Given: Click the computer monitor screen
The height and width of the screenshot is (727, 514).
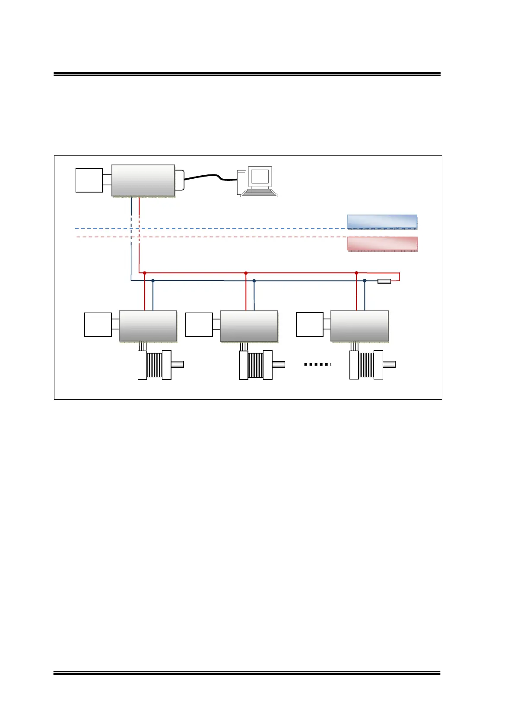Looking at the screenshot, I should (260, 177).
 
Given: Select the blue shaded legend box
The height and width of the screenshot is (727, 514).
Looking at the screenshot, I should (382, 221).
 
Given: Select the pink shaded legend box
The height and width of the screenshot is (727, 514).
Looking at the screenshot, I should (382, 244).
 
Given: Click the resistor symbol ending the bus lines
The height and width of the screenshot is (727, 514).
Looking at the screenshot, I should (384, 281).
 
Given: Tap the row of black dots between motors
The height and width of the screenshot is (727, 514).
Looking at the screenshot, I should (317, 364).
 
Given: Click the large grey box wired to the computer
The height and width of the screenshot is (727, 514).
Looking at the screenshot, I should (143, 180).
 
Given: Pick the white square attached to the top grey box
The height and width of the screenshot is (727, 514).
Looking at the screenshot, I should (89, 180).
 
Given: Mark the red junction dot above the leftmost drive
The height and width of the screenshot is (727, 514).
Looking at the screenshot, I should (145, 273).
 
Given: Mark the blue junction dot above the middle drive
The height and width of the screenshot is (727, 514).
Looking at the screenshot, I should (254, 281).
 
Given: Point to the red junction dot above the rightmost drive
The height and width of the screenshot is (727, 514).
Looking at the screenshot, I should (356, 273).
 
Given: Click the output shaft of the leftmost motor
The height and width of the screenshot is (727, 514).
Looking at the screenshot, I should (178, 364).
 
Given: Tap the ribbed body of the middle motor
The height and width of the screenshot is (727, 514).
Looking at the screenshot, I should (255, 365).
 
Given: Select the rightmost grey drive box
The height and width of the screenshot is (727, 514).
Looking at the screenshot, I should (359, 326).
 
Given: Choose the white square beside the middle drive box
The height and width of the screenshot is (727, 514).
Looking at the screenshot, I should (199, 325).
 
